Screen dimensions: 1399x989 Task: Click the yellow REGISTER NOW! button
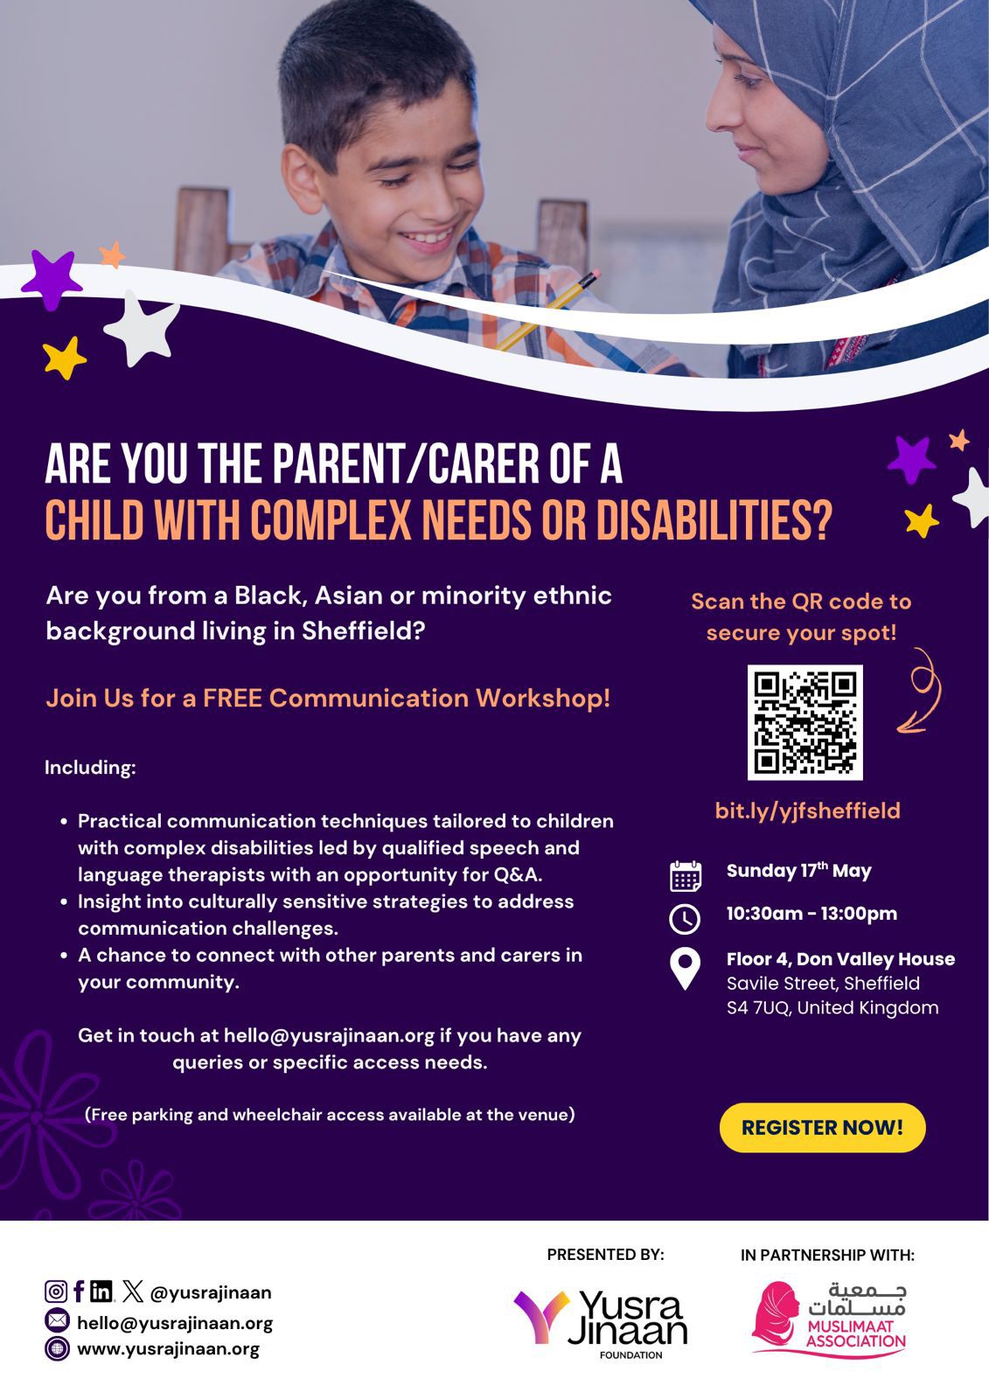point(822,1127)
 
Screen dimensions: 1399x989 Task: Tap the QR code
point(804,722)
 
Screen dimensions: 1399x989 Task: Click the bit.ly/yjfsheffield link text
point(807,811)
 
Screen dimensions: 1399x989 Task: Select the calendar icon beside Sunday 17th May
point(685,875)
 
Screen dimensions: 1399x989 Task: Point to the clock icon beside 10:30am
point(685,918)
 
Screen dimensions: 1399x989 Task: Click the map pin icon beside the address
point(685,969)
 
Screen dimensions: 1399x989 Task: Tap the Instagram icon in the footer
point(56,1291)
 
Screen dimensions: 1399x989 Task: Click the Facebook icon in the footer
point(79,1291)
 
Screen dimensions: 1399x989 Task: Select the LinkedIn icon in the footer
point(101,1291)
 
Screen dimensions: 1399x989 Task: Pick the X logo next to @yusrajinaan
point(133,1291)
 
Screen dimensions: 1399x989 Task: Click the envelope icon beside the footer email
point(56,1321)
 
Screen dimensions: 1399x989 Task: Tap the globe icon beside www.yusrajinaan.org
point(56,1348)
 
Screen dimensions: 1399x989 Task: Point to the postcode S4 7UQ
point(758,1008)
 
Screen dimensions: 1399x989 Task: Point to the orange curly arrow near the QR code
point(920,689)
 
